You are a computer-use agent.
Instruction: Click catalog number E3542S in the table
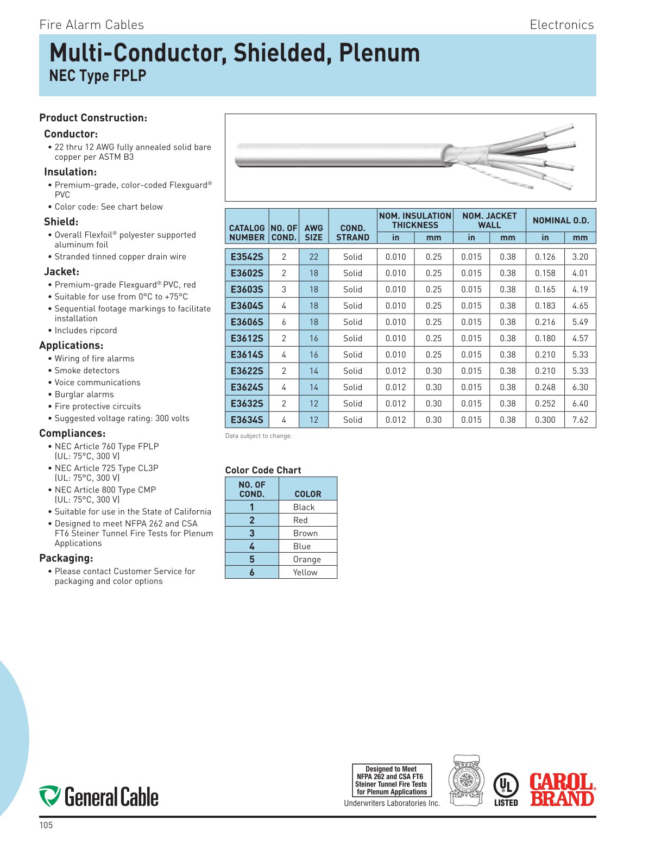(247, 256)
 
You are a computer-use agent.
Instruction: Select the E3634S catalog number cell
(247, 420)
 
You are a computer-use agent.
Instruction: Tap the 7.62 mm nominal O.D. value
(580, 420)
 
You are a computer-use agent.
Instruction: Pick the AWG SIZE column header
(313, 232)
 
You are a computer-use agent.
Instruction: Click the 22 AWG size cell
(313, 256)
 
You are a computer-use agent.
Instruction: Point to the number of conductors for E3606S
(284, 322)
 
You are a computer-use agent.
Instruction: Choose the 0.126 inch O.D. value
(545, 256)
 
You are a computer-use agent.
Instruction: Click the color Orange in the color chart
(307, 559)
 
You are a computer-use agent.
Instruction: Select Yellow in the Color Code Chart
(305, 572)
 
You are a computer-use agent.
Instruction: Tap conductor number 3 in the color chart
(251, 533)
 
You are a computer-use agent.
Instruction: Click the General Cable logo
(99, 797)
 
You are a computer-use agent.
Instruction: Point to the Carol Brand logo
(562, 790)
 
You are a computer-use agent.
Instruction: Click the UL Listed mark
(506, 790)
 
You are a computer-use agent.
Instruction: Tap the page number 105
(46, 825)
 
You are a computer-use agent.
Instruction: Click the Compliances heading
(72, 433)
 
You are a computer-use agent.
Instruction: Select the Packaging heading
(66, 558)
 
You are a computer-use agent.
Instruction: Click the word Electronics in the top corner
(562, 24)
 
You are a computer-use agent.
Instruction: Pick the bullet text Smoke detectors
(87, 371)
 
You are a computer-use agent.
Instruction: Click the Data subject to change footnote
(259, 436)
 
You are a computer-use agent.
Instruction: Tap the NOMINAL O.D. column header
(560, 220)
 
